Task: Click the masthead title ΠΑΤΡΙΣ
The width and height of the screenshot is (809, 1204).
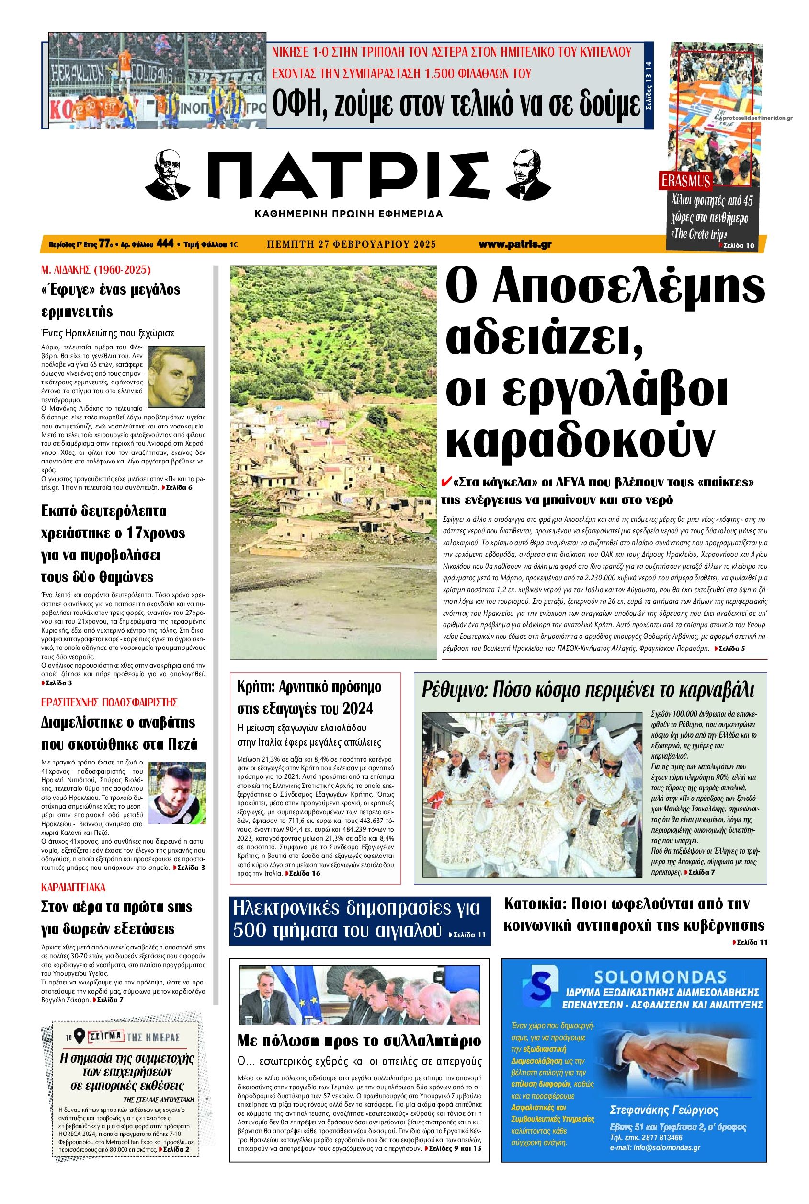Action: pos(351,178)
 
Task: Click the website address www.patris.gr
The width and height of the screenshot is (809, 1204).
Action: pos(514,244)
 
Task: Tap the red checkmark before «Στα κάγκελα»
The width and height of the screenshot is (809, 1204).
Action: pos(447,482)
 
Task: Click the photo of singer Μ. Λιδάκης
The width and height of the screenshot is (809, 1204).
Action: pos(176,377)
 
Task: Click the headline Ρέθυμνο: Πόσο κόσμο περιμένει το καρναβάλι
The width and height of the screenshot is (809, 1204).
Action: pos(588,690)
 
